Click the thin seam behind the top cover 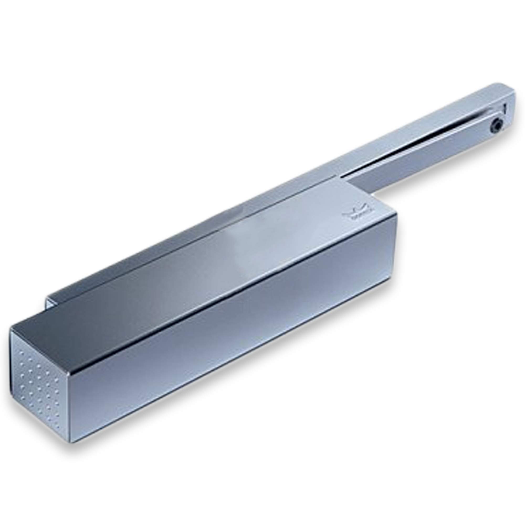tap(190, 239)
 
